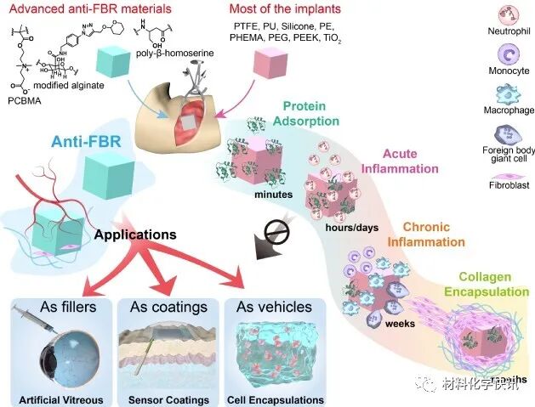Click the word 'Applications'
136,234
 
